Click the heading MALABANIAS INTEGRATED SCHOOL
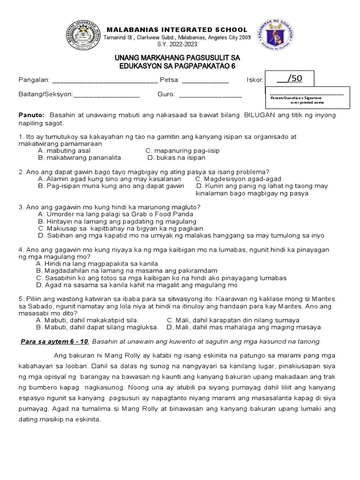pos(178,30)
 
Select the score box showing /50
pos(289,79)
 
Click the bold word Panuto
pos(31,115)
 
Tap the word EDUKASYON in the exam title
pos(142,66)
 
